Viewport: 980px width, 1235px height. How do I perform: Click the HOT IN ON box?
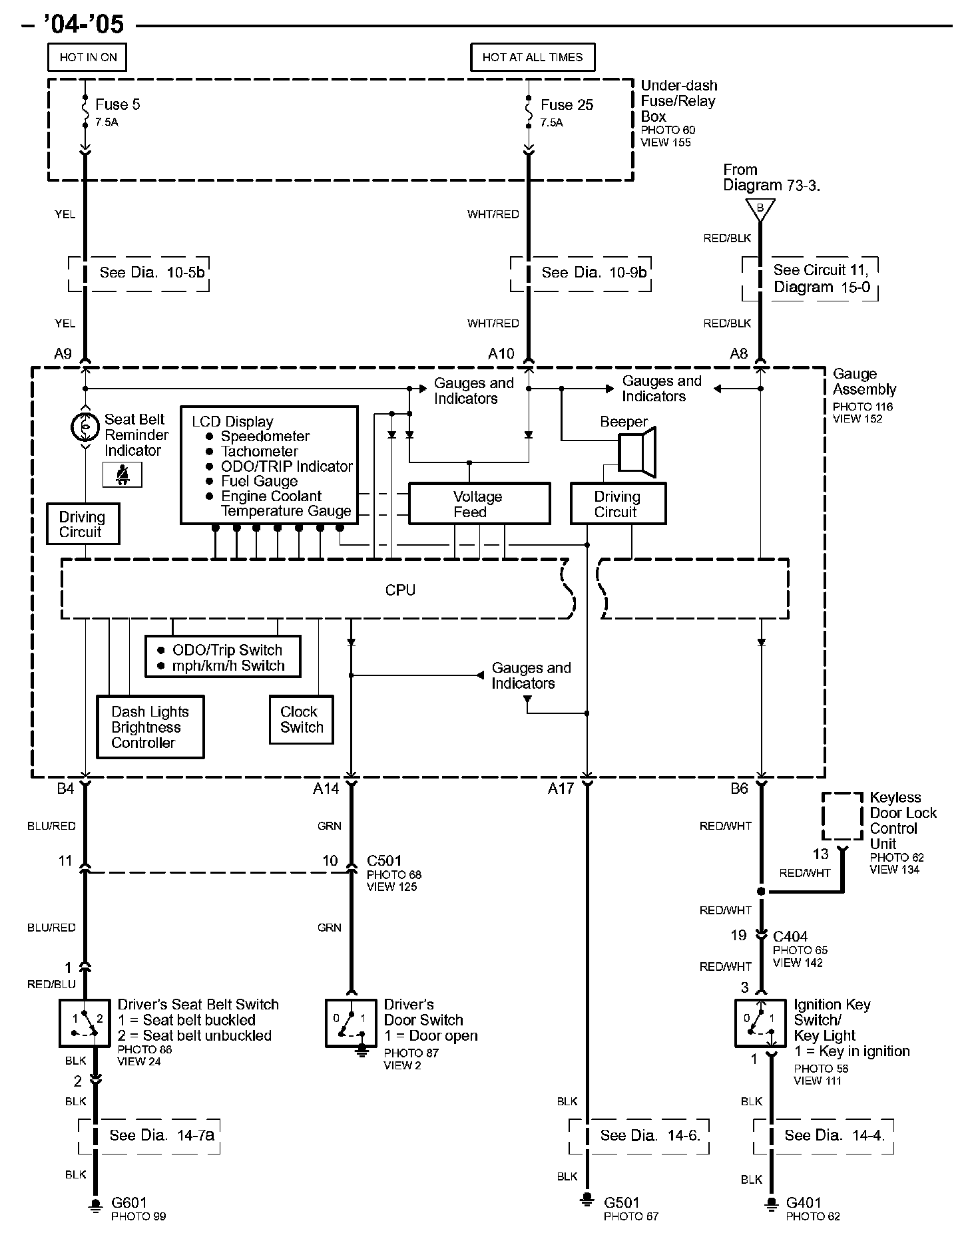(x=87, y=57)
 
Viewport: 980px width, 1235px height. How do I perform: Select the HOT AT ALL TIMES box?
(x=533, y=57)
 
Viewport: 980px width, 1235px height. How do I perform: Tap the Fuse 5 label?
(x=118, y=104)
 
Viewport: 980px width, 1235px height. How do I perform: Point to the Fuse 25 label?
(x=567, y=104)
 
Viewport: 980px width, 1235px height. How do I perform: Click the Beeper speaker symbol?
(x=638, y=452)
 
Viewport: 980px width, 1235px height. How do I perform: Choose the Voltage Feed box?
(x=479, y=504)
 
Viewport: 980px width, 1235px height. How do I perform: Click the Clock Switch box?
(x=302, y=719)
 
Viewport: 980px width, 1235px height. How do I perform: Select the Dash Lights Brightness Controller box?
(x=150, y=727)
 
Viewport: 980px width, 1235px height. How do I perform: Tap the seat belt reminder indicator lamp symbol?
(x=85, y=427)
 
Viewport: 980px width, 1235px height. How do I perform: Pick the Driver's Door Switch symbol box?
(x=351, y=1023)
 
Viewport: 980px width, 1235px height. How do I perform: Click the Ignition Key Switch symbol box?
(x=760, y=1023)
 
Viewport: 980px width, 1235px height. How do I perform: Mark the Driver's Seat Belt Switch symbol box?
(x=85, y=1023)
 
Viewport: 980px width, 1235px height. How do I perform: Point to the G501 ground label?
(x=622, y=1202)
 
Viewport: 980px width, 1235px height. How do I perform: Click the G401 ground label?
(x=804, y=1202)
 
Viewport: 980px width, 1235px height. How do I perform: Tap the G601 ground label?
(x=129, y=1202)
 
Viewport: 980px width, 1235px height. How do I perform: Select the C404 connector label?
(x=790, y=936)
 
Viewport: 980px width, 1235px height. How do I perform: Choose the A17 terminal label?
(x=561, y=789)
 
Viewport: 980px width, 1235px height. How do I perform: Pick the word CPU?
(x=400, y=590)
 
